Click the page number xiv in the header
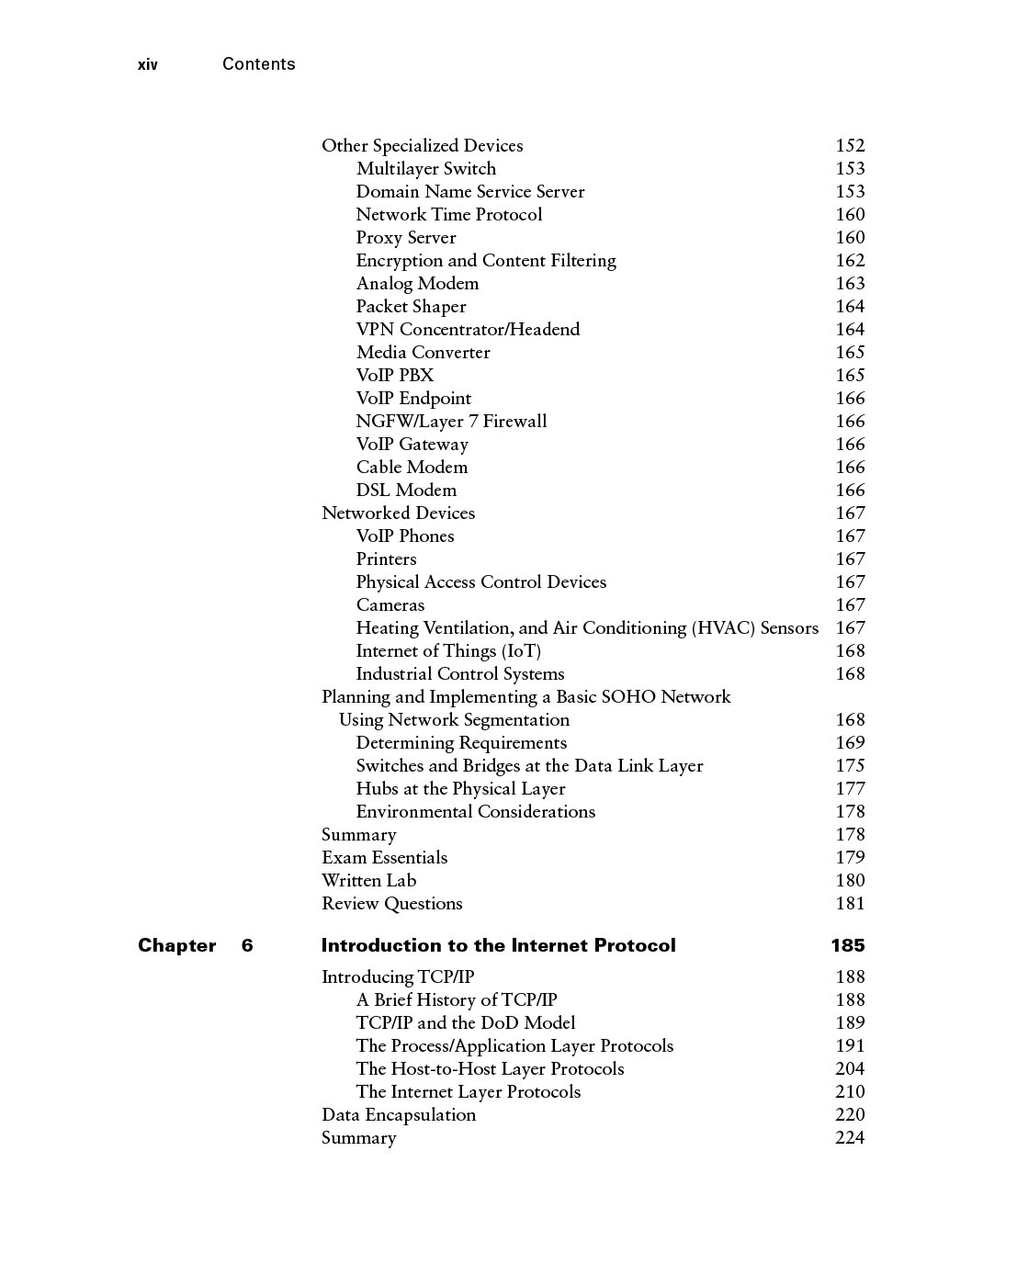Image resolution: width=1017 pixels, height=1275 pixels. (x=147, y=64)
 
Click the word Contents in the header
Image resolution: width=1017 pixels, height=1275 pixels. (x=258, y=64)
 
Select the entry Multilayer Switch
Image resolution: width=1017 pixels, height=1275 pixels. (x=425, y=169)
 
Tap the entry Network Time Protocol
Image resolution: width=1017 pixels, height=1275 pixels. (x=448, y=215)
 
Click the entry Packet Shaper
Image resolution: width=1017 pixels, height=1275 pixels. (x=411, y=307)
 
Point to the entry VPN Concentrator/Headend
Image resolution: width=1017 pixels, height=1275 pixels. (x=468, y=330)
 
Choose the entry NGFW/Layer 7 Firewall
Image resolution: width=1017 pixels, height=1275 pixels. (x=451, y=422)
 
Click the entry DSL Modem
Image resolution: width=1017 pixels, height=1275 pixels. (x=406, y=491)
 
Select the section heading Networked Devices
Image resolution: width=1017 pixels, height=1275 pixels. (x=398, y=513)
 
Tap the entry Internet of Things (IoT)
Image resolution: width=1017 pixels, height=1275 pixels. (x=448, y=651)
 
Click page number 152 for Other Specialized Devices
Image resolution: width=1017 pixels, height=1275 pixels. (x=850, y=146)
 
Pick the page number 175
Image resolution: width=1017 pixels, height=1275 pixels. (x=850, y=766)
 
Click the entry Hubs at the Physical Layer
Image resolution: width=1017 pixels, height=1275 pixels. (x=460, y=789)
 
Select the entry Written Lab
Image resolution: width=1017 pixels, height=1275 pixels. (x=368, y=881)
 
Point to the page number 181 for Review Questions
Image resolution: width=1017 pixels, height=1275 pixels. (x=850, y=904)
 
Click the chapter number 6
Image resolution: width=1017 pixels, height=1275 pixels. (x=247, y=946)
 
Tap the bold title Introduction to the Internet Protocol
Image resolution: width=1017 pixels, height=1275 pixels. (x=498, y=946)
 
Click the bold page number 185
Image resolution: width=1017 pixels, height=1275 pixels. (x=848, y=946)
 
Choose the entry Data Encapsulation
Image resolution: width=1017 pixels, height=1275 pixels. (x=399, y=1115)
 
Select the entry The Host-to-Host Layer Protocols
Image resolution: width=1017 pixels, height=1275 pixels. (x=490, y=1069)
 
